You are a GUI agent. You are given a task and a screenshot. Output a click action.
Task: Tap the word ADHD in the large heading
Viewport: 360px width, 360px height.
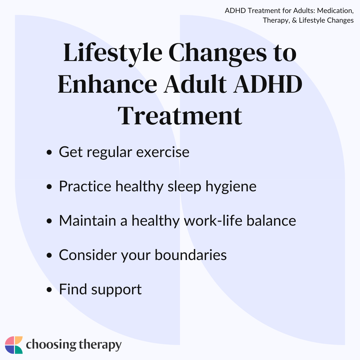pos(268,84)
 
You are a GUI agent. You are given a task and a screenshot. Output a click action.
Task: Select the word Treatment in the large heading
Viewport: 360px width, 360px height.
pos(180,116)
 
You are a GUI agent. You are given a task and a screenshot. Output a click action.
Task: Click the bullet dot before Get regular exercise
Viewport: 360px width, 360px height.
pos(49,152)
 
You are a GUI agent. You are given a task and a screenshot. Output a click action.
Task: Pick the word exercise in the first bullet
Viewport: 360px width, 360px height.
pos(163,152)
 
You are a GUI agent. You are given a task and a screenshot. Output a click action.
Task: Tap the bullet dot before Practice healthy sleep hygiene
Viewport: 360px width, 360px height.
pos(49,187)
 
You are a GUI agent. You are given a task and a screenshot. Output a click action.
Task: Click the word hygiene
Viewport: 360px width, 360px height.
pos(231,187)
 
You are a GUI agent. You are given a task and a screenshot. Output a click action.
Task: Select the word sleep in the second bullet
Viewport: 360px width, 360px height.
pos(184,187)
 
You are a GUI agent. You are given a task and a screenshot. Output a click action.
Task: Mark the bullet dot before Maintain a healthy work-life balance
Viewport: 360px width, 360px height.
pos(49,221)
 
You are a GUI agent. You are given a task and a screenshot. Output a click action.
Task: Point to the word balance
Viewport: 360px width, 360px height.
pos(271,220)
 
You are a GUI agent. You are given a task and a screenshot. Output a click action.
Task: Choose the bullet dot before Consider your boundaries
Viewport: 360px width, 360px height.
pos(49,255)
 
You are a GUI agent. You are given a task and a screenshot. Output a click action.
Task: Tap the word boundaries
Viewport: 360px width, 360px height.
pos(191,255)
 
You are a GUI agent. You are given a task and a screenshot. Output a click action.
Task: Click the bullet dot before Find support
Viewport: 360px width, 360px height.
pos(49,290)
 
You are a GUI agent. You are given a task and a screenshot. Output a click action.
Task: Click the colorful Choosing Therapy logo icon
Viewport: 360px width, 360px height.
pos(14,345)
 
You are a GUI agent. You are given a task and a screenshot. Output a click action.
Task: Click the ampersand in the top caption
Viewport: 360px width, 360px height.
pos(294,20)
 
